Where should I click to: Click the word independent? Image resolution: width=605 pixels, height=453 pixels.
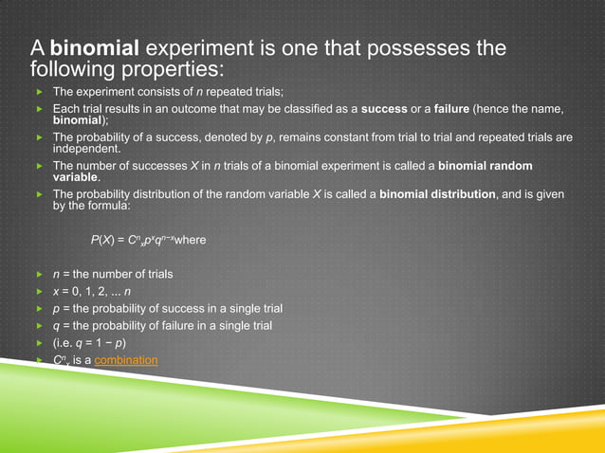pos(86,149)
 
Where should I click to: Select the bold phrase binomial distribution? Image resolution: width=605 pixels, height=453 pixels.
pos(437,194)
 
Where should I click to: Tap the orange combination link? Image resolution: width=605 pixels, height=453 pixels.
pos(126,360)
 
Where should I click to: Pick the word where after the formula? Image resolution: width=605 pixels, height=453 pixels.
pos(191,239)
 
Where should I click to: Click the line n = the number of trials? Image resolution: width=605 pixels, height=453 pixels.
pos(113,275)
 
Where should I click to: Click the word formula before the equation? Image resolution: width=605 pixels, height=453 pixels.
pos(105,205)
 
